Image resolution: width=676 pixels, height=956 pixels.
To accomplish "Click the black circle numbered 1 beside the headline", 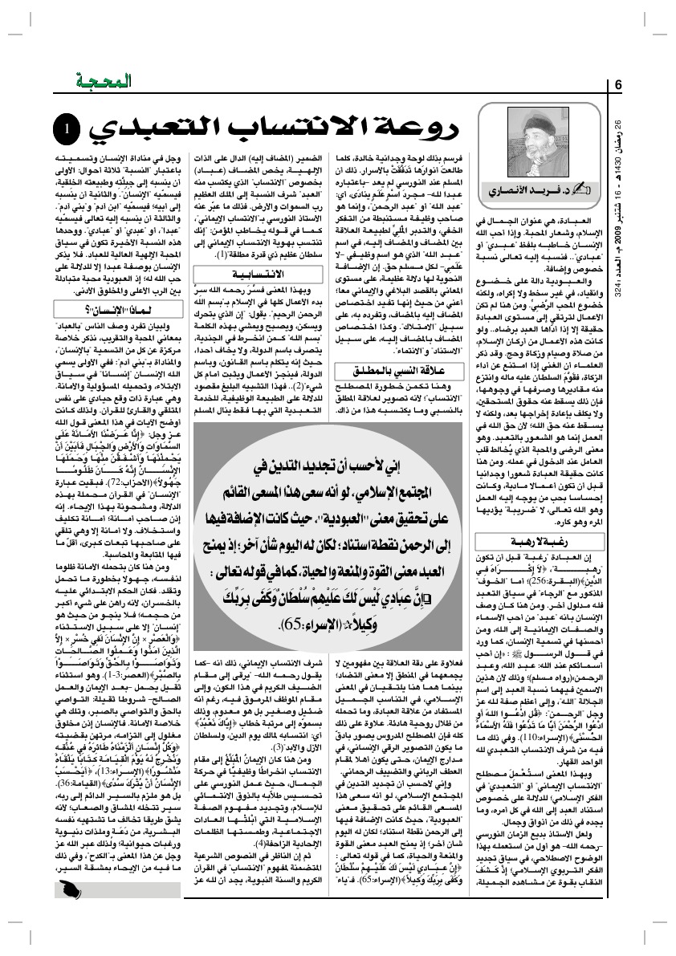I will coord(67,128).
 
